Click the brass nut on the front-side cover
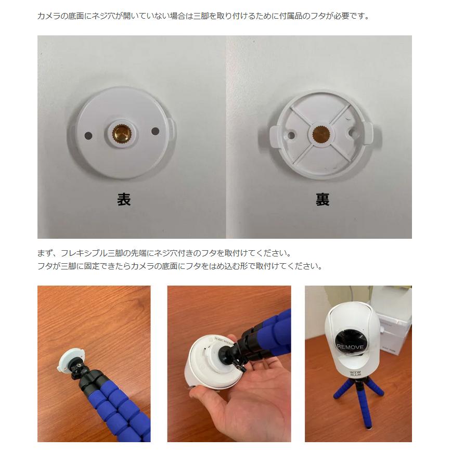point(121,134)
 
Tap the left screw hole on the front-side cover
point(88,135)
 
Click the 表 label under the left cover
point(124,199)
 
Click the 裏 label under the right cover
point(323,199)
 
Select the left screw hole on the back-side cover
point(291,136)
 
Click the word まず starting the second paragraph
point(44,253)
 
